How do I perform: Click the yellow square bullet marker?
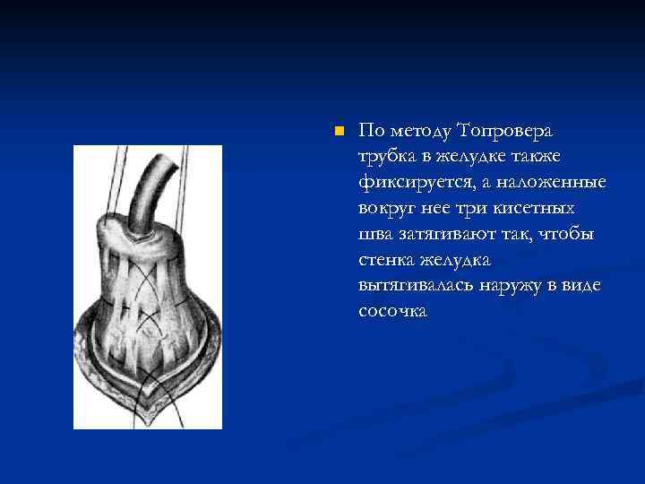click(x=338, y=132)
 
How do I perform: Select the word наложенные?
click(x=555, y=183)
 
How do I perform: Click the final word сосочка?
click(x=393, y=311)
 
